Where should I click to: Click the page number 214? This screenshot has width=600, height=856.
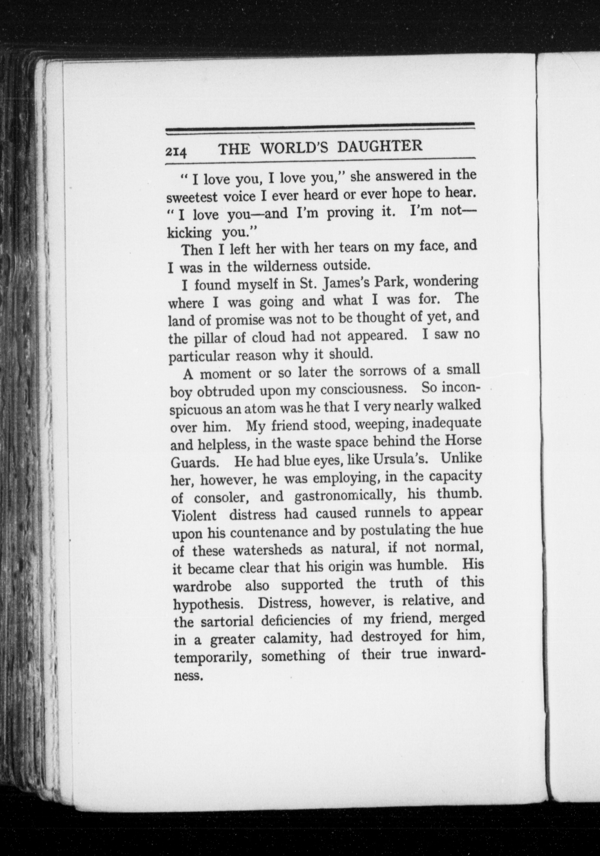(x=176, y=152)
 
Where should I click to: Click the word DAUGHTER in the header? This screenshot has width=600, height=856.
(x=380, y=146)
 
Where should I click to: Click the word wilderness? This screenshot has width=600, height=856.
(x=286, y=266)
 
